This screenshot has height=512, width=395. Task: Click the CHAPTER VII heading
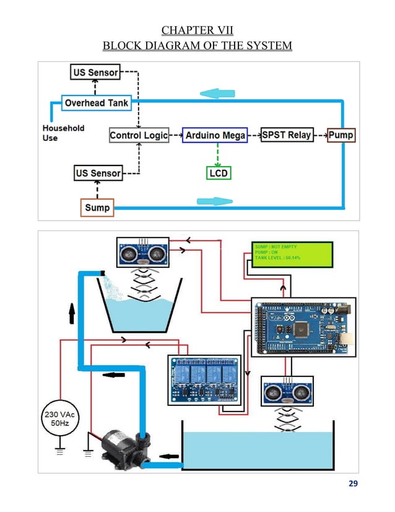[x=197, y=30]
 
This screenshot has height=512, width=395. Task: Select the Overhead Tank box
[x=97, y=103]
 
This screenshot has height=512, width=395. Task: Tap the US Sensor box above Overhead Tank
[x=94, y=73]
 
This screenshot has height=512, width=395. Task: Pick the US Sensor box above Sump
[x=98, y=173]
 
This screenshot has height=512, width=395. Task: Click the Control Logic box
[x=139, y=135]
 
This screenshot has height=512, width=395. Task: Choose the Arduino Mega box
[x=215, y=135]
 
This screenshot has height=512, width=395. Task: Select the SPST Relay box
[x=287, y=135]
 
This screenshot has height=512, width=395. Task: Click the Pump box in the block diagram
[x=341, y=135]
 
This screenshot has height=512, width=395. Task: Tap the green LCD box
[x=218, y=173]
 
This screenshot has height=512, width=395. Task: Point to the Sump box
[x=97, y=207]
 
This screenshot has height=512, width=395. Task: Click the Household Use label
[x=63, y=133]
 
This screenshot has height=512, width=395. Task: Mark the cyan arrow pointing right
[x=214, y=201]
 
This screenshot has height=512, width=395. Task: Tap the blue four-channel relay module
[x=204, y=379]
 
